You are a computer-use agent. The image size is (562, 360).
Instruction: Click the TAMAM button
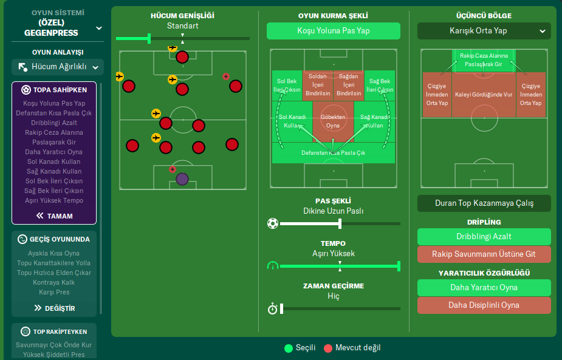(x=54, y=216)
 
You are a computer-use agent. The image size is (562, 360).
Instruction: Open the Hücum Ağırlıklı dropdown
(x=58, y=67)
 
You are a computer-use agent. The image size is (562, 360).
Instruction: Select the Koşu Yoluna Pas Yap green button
(x=333, y=31)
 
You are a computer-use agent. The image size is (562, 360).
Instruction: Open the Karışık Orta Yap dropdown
(x=484, y=31)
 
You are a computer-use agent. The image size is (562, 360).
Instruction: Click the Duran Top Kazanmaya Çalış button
(x=484, y=203)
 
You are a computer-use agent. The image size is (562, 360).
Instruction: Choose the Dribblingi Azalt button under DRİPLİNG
(x=484, y=237)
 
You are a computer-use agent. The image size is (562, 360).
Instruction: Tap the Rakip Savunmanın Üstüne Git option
(x=484, y=254)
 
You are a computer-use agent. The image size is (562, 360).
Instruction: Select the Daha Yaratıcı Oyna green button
(x=484, y=288)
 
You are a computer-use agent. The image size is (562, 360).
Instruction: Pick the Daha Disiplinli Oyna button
(x=484, y=305)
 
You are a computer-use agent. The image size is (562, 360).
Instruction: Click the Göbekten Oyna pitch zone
(x=333, y=121)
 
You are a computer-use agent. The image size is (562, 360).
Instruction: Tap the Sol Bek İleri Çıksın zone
(x=288, y=86)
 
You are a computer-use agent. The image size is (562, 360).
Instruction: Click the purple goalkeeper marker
(x=182, y=179)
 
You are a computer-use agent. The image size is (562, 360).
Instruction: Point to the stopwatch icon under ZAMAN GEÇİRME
(x=272, y=309)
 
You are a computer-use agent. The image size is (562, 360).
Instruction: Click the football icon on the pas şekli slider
(x=272, y=223)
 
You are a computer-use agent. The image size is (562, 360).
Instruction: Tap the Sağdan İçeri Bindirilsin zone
(x=348, y=86)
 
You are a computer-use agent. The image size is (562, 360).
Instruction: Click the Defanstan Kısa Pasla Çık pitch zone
(x=333, y=153)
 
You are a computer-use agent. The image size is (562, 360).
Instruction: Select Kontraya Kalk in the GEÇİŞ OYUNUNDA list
(x=54, y=282)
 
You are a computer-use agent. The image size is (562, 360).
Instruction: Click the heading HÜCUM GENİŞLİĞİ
(x=182, y=16)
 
